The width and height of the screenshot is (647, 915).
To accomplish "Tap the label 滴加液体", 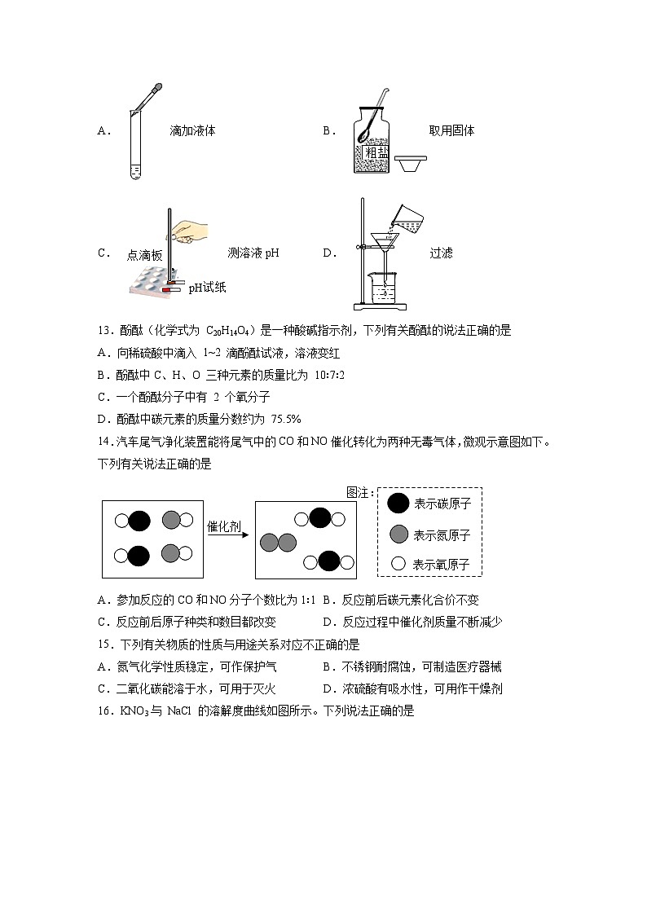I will point(192,130).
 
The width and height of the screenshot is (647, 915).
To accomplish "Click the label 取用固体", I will point(451,130).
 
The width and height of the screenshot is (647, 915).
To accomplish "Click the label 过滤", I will point(441,253).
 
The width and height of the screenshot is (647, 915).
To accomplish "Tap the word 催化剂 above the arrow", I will point(224,526).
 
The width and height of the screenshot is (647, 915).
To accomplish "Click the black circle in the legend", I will point(398,504).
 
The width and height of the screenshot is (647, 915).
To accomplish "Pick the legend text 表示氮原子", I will point(442,535).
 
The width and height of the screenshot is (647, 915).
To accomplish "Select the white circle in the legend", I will point(398,563).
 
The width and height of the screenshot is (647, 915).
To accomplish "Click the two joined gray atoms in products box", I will point(278,541).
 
